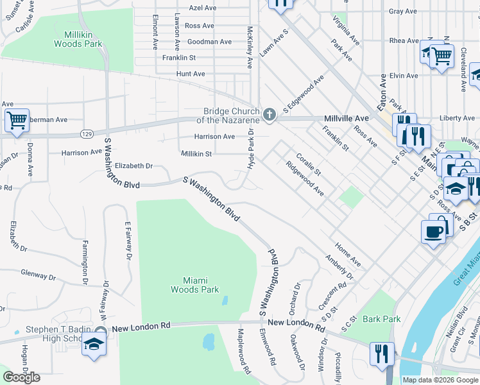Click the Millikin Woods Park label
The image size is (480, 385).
point(83,39)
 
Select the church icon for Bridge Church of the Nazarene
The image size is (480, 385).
point(270,116)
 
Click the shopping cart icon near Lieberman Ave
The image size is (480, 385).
point(17,119)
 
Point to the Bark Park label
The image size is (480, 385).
point(381,319)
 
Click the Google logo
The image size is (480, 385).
point(22,377)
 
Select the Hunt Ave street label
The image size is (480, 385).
point(191,74)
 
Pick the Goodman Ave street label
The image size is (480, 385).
point(209,42)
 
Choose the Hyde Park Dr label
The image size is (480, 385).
point(252,149)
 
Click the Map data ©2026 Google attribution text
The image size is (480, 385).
point(440,380)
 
